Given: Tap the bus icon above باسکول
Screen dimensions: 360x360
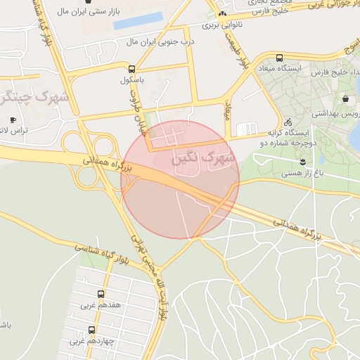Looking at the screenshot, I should coord(131,69).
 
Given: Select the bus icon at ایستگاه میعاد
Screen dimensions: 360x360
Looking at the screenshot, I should coord(280,58).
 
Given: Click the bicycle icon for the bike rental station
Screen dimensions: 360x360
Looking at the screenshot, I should coord(278,122).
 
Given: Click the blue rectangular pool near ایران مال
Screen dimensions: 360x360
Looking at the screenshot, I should coord(138,21).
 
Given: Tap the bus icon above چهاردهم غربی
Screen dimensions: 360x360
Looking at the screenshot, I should coord(91,330).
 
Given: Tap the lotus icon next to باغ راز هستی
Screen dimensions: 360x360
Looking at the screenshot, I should coord(302,162).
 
